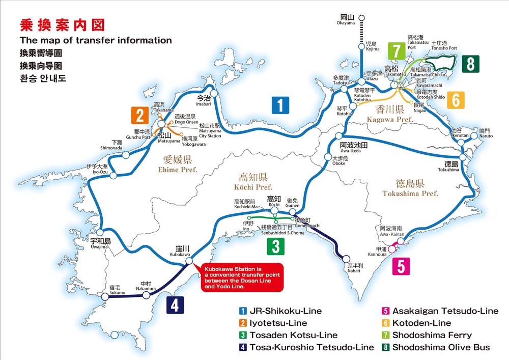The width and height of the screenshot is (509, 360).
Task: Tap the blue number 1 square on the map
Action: coord(280,105)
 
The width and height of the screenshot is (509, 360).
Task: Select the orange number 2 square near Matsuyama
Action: coord(139,116)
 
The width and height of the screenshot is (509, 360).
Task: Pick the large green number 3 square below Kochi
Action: coord(275,246)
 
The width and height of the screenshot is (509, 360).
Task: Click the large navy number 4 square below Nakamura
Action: coord(175,304)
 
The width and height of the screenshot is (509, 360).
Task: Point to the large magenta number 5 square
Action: coord(401,266)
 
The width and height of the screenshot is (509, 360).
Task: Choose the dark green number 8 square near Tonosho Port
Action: coord(471,64)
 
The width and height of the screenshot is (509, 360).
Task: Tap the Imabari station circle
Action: coord(214,93)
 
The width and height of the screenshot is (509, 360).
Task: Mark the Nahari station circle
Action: coord(346,258)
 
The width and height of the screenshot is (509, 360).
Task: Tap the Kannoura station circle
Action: coord(392,249)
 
